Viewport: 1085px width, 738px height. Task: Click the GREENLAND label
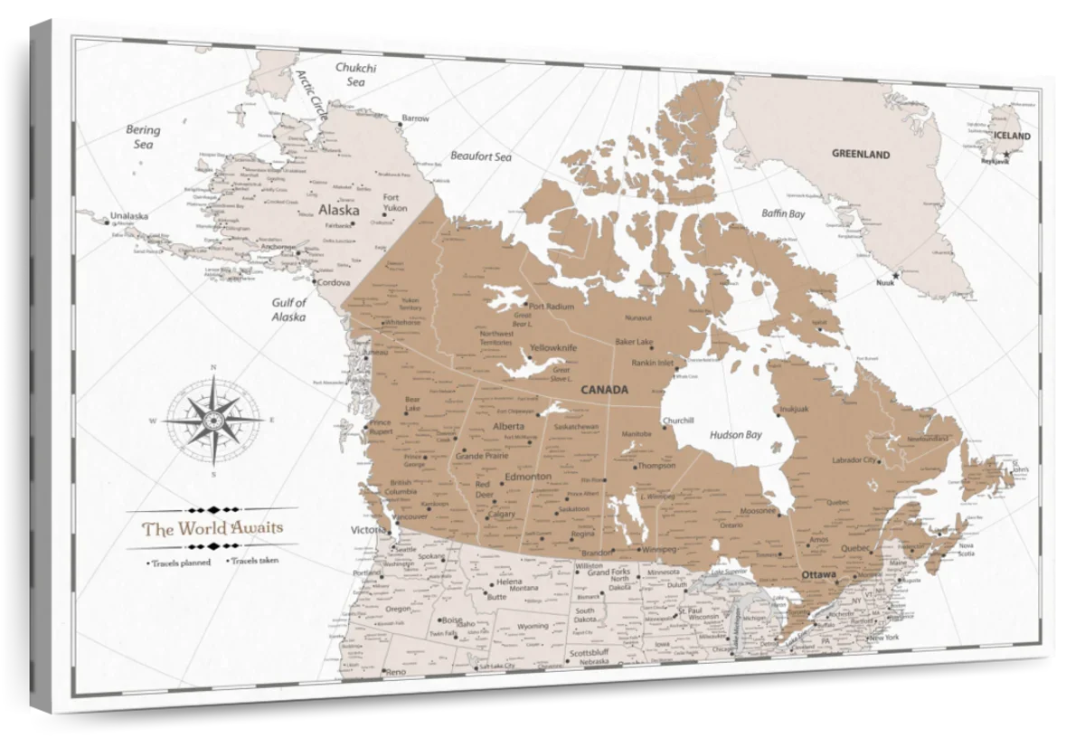coord(861,155)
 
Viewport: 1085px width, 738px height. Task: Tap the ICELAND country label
coord(1011,136)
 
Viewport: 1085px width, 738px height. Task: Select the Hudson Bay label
coord(735,435)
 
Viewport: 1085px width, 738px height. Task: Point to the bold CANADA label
coord(604,390)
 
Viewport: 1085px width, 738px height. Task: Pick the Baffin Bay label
coord(782,214)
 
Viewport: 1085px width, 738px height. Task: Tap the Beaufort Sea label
coord(481,156)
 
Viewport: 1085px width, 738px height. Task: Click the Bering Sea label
coord(143,137)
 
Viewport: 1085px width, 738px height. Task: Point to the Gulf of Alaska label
coord(289,310)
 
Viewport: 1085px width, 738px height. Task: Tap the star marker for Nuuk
coord(896,275)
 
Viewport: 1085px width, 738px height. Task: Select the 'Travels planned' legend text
coord(181,563)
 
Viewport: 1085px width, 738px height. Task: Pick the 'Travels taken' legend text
coord(254,561)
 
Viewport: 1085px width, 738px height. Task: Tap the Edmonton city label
coord(527,477)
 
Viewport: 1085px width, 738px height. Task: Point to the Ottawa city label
coord(817,574)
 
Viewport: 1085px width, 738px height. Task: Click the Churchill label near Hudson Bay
coord(678,421)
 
